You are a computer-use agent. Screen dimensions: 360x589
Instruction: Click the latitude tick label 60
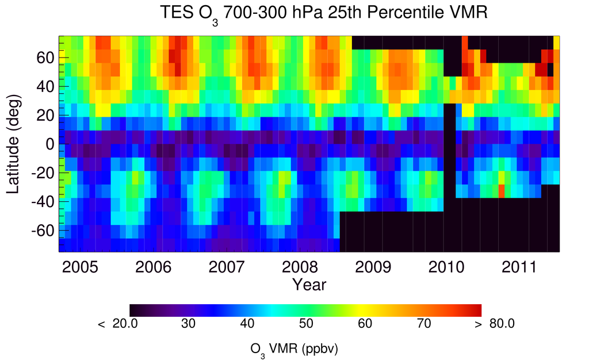point(46,58)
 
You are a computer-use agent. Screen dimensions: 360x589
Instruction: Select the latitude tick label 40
point(46,86)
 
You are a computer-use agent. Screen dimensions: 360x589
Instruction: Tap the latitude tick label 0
point(51,144)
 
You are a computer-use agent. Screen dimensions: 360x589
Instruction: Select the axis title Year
point(309,284)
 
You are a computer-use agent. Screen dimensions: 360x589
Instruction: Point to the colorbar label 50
point(306,324)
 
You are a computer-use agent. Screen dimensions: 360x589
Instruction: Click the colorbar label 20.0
point(125,324)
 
